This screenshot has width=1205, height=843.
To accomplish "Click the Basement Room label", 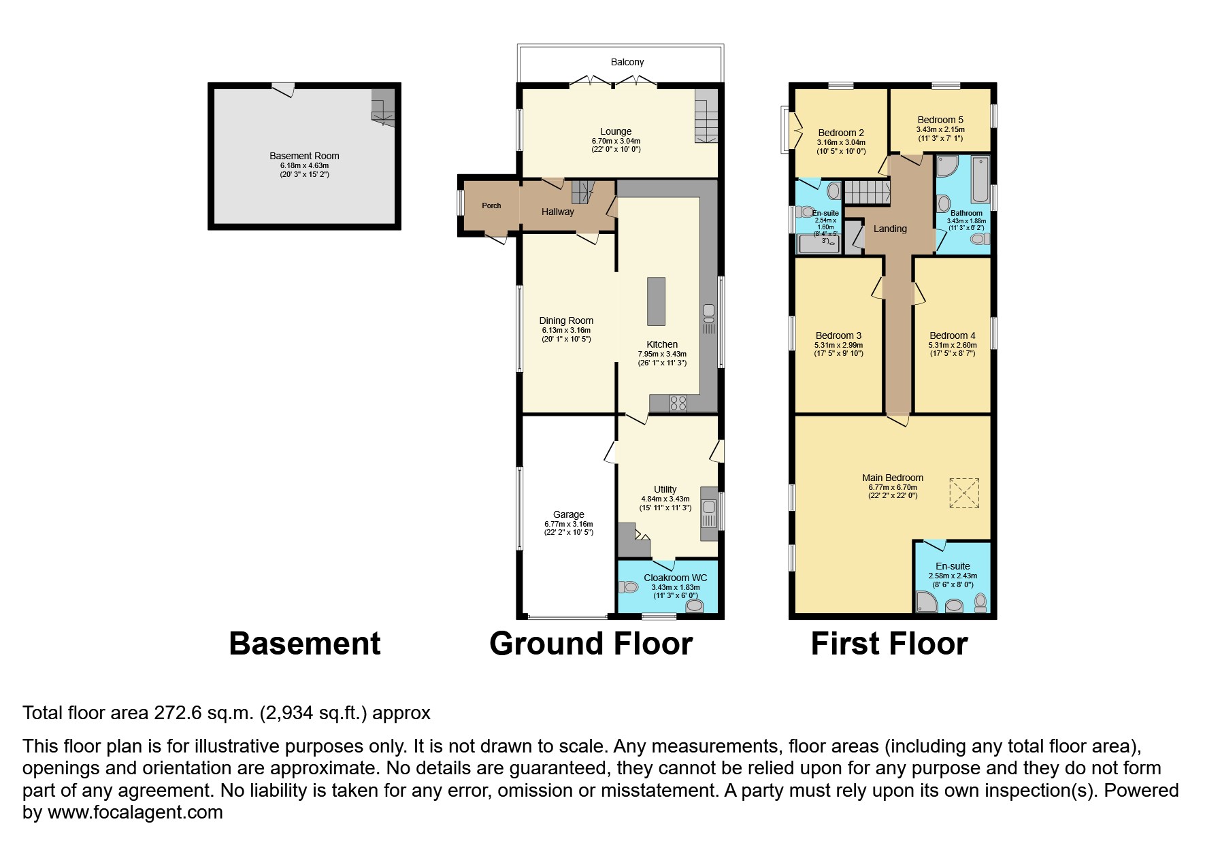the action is tap(304, 156).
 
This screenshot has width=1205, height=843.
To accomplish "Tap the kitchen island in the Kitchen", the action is tap(656, 301).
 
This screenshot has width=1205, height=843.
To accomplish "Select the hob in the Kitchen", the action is tap(678, 403).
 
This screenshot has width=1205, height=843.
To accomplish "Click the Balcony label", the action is tap(627, 62).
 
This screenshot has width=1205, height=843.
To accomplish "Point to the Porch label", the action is tap(491, 205).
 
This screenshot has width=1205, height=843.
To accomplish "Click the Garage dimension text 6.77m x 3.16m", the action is tap(569, 524).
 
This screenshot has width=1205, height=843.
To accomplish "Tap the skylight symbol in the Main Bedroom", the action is tap(963, 493).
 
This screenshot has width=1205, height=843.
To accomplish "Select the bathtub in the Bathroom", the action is tap(980, 180).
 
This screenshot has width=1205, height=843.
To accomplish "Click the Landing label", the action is tap(890, 229).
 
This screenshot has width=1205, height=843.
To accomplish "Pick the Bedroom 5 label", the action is tap(940, 120).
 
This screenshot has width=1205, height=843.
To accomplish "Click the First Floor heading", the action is tap(889, 644).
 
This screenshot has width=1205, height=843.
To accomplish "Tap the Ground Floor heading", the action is tap(591, 644).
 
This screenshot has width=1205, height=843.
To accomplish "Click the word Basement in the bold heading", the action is tap(305, 644).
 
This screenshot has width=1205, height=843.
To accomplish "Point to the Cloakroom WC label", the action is tap(676, 578).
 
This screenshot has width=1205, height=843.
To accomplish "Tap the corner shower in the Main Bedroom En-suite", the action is tap(926, 601).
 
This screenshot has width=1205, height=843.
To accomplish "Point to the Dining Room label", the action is tap(566, 320).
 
